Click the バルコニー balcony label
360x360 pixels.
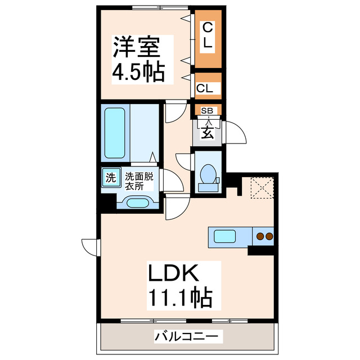[188, 337]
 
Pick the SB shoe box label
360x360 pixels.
[206, 111]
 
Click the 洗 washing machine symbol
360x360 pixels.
[111, 178]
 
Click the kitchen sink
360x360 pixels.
[228, 236]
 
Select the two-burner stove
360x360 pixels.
[264, 236]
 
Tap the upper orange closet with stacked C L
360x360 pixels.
[208, 35]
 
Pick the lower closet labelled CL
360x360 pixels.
[206, 87]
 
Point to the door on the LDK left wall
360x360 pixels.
[90, 246]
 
